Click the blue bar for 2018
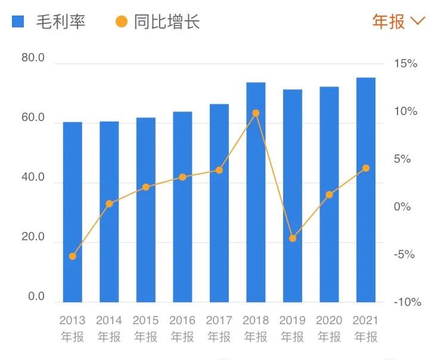click(256, 192)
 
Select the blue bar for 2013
click(73, 212)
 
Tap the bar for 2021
click(366, 190)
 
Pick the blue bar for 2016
click(182, 207)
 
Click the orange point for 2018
click(256, 113)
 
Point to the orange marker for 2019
click(292, 238)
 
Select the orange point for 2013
click(73, 256)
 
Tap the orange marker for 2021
click(366, 168)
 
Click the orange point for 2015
click(146, 187)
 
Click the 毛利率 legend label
click(61, 22)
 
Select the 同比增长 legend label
click(167, 22)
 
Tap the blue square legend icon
click(18, 22)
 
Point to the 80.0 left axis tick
click(33, 58)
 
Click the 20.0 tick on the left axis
click(33, 237)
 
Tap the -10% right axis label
click(407, 302)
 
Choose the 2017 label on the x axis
click(219, 321)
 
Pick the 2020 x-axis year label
click(329, 321)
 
